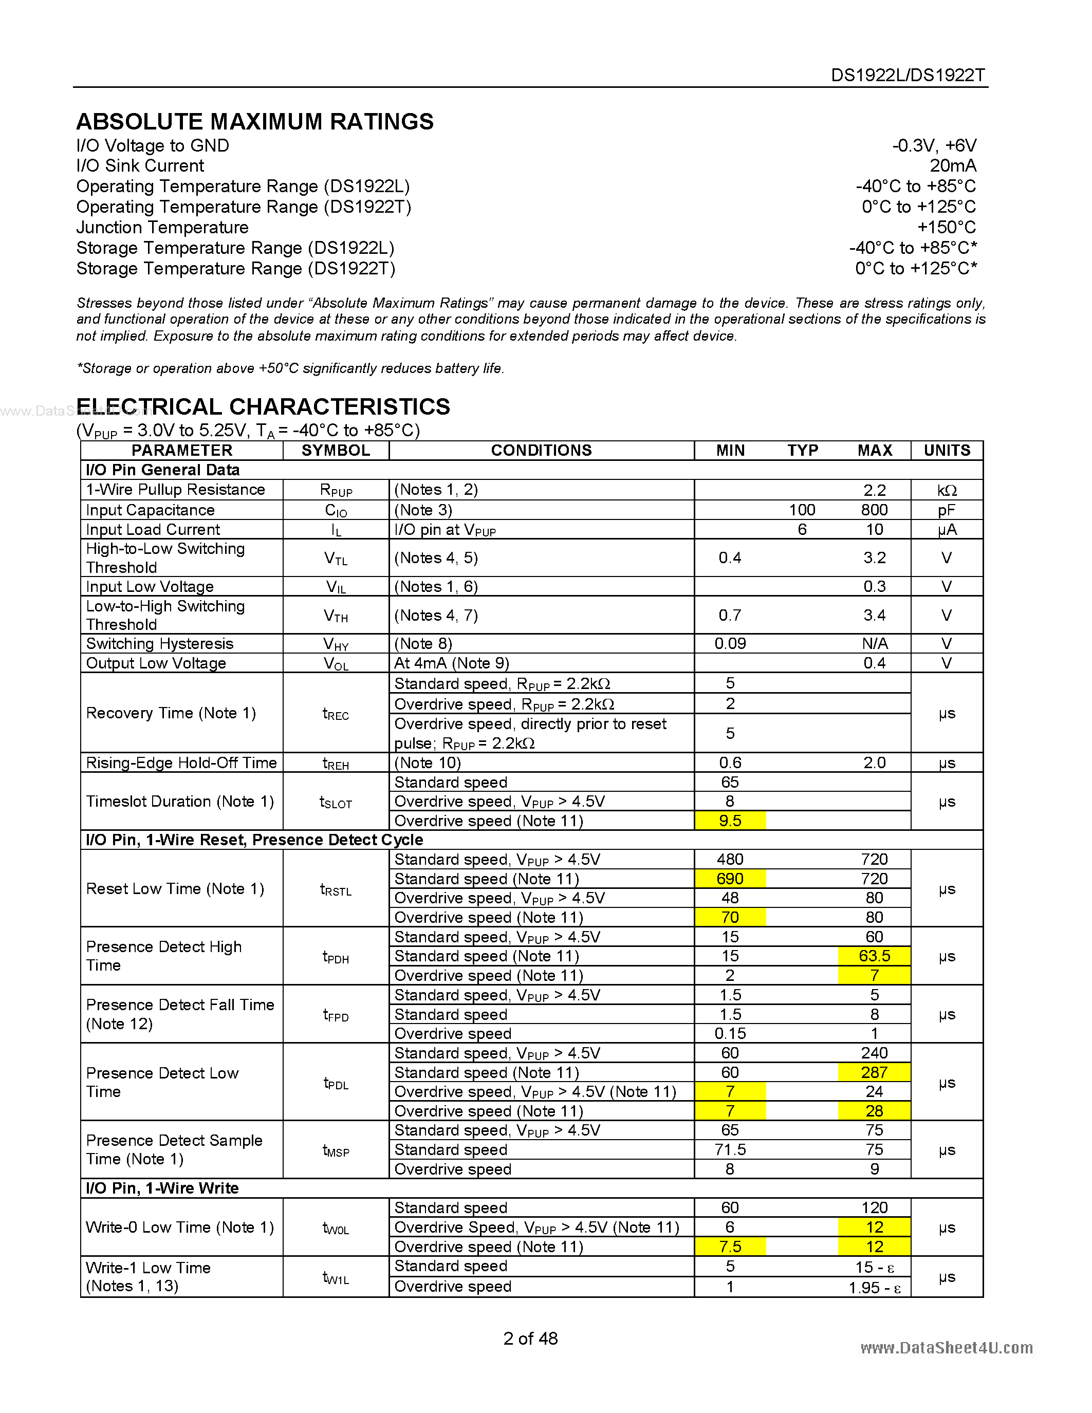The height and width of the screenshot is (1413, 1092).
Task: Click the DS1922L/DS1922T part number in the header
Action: tap(908, 75)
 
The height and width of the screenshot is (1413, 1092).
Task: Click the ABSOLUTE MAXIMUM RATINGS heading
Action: tap(255, 122)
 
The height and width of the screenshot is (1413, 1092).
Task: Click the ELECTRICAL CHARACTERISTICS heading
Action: tap(263, 406)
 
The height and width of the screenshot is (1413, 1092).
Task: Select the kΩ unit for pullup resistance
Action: tap(947, 490)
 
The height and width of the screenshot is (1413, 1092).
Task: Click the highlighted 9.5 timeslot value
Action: tap(730, 821)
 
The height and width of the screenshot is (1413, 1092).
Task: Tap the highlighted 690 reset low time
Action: tap(730, 879)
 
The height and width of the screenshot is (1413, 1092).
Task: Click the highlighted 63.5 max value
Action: tap(874, 956)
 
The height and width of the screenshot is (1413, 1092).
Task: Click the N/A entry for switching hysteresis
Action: tap(874, 644)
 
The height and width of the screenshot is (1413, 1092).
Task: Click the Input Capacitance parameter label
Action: tap(150, 510)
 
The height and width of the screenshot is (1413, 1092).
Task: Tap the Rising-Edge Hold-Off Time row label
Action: tap(181, 763)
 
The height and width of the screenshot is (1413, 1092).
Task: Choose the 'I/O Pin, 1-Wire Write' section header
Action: tap(162, 1188)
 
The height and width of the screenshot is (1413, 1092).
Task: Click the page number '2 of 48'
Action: tap(530, 1338)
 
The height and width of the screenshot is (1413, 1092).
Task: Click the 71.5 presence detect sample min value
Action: tap(730, 1150)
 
